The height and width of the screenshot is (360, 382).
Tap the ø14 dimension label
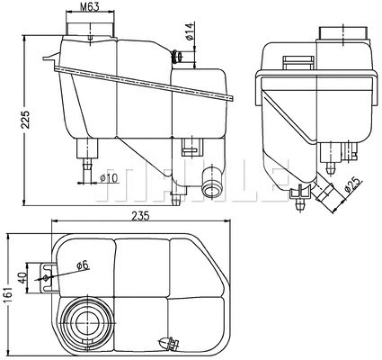tap(191, 36)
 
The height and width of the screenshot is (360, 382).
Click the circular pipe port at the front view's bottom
tap(212, 187)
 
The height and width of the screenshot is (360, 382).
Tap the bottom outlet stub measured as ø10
tap(86, 165)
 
